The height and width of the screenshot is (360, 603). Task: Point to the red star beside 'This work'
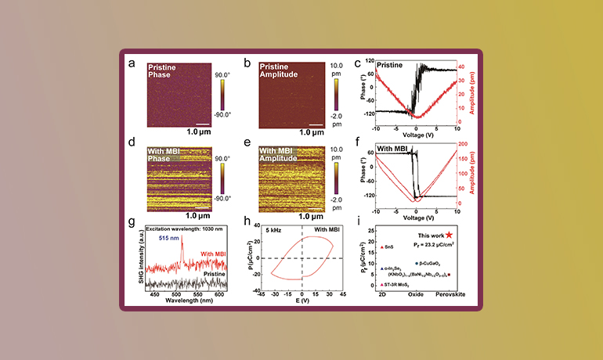pos(449,234)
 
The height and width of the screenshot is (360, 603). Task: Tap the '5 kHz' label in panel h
pos(274,229)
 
